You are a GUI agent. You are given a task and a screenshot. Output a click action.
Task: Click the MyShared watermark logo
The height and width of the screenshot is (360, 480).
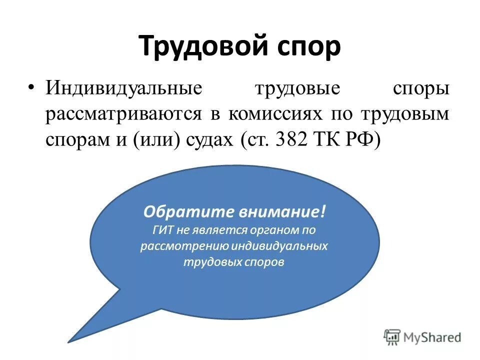[x=422, y=337]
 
